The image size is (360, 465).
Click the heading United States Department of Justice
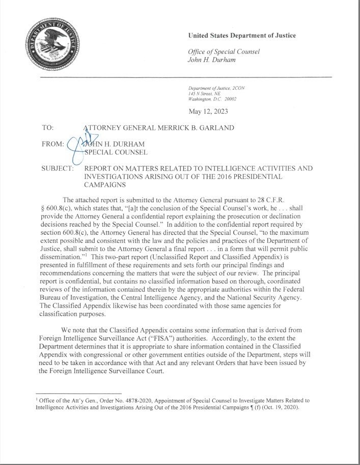[x=242, y=36]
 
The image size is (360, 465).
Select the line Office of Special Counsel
[x=224, y=51]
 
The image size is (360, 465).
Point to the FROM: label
[x=52, y=144]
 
